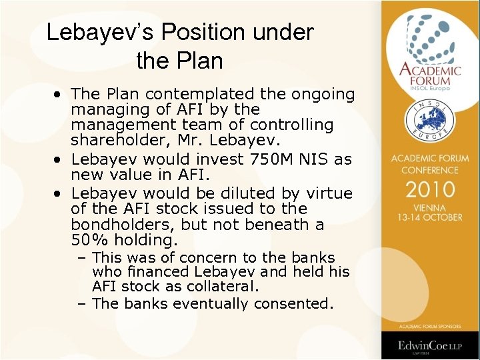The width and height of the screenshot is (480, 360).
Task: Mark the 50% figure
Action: [86, 240]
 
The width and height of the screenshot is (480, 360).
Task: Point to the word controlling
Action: [291, 125]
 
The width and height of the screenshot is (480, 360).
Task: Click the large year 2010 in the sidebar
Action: [429, 189]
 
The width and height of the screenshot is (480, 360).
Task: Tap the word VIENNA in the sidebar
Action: [429, 207]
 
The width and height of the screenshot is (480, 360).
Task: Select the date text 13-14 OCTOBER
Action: [429, 217]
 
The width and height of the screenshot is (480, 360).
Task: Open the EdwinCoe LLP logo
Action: [429, 346]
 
